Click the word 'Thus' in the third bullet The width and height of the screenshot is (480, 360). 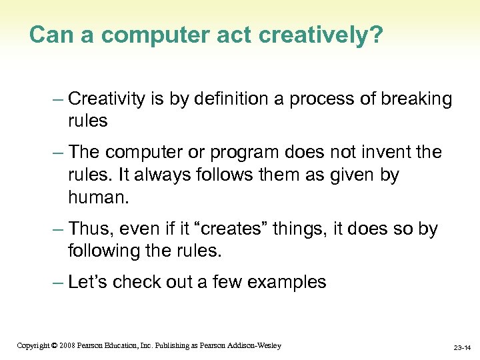tap(90, 229)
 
